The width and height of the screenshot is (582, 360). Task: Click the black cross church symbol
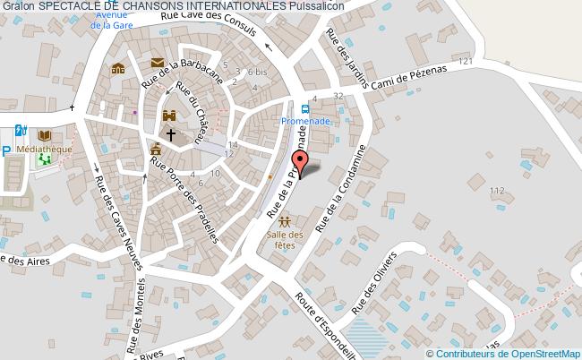(x=170, y=133)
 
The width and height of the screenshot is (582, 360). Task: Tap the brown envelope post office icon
(x=158, y=63)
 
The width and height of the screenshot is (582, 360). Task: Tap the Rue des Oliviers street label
(x=373, y=280)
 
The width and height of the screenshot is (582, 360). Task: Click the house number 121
(x=464, y=62)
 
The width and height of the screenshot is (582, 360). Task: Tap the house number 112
(x=497, y=190)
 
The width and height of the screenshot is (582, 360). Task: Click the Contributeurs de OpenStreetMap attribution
(x=517, y=353)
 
